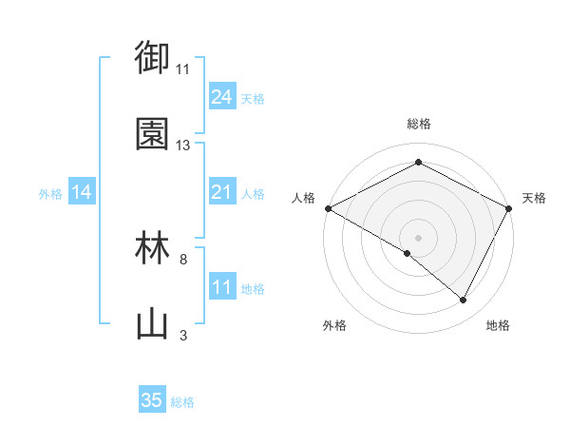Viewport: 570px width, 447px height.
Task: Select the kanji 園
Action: click(x=153, y=134)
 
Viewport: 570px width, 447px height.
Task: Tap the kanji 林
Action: click(x=153, y=247)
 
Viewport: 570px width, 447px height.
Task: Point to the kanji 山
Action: click(x=153, y=324)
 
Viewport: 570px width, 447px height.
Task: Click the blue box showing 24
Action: click(x=221, y=97)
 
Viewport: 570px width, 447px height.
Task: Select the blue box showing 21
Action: click(x=221, y=192)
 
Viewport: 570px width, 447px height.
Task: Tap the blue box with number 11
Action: click(x=221, y=287)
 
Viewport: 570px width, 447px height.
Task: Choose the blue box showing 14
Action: click(x=82, y=192)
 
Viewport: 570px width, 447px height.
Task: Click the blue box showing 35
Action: click(x=152, y=400)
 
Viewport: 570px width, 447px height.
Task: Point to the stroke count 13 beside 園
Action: click(x=183, y=146)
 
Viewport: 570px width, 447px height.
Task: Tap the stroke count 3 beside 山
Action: click(x=183, y=335)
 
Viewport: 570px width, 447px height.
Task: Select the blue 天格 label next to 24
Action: click(x=253, y=99)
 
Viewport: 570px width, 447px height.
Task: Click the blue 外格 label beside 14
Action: click(x=50, y=194)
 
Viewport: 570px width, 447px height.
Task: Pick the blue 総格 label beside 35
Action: click(x=183, y=402)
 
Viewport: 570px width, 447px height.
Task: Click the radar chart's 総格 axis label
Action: click(x=419, y=124)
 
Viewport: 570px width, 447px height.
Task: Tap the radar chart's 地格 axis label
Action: click(x=498, y=325)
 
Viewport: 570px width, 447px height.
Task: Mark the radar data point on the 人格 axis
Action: click(x=328, y=208)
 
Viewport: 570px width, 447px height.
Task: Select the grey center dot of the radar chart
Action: click(x=418, y=237)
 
